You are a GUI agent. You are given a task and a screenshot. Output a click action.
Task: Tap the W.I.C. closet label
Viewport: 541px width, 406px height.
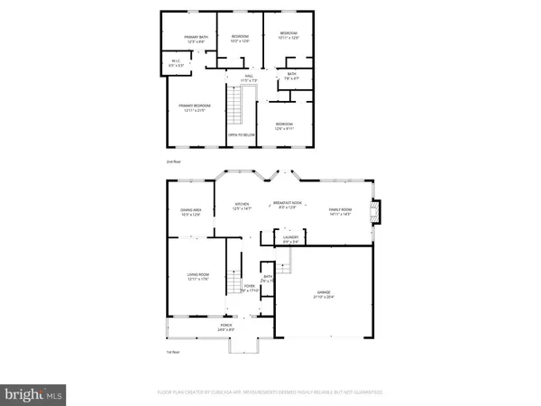(x=178, y=64)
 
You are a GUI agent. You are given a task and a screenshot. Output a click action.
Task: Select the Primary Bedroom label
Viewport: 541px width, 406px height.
(x=195, y=109)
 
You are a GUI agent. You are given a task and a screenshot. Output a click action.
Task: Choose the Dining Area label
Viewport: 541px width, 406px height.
(x=190, y=212)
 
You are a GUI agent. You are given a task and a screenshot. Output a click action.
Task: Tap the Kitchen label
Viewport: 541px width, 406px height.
(x=242, y=206)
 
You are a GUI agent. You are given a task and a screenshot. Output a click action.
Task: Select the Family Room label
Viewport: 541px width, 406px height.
(x=341, y=212)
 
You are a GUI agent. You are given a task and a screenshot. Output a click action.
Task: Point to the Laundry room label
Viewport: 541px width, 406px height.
(x=291, y=238)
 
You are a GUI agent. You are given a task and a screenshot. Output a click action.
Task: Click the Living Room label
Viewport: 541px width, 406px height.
(x=197, y=278)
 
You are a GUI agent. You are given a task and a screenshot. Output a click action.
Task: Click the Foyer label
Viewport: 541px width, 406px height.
(x=249, y=289)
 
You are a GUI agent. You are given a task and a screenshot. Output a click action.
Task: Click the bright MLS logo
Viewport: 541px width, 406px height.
(x=34, y=393)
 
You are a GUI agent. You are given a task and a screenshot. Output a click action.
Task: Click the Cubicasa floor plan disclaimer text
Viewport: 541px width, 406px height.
(x=270, y=392)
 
